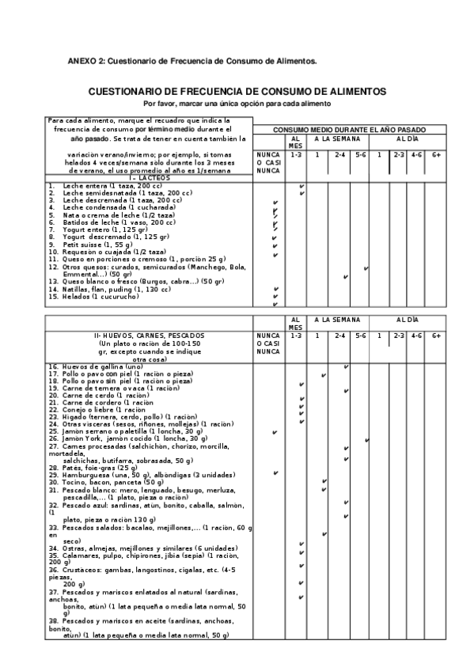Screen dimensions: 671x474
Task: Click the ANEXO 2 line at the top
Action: [x=191, y=61]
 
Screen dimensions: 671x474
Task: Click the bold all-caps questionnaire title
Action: [x=237, y=92]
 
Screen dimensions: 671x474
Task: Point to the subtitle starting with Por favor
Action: [x=237, y=104]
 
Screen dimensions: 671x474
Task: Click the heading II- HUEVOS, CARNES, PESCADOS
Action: [x=149, y=336]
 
